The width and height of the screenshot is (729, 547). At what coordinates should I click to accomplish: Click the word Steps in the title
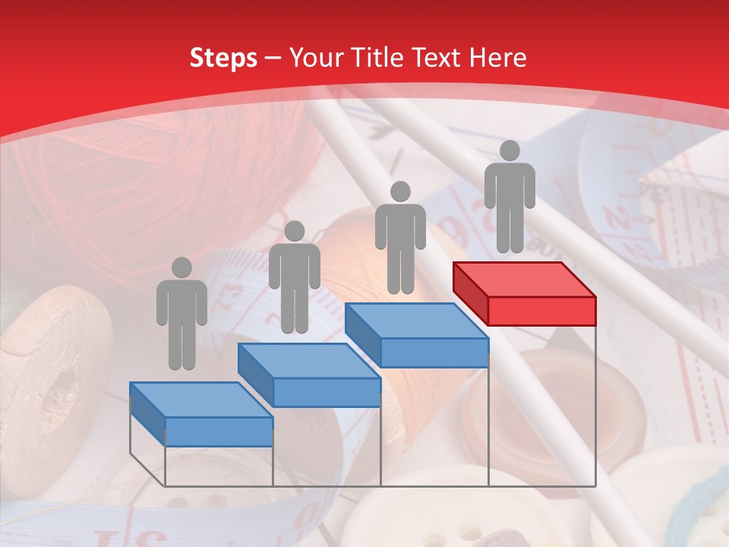pyautogui.click(x=223, y=58)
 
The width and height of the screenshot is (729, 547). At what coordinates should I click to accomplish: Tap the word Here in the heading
pyautogui.click(x=497, y=58)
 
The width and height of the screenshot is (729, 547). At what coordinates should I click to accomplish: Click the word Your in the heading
pyautogui.click(x=312, y=58)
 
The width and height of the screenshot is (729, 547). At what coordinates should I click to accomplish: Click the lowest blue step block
pyautogui.click(x=201, y=414)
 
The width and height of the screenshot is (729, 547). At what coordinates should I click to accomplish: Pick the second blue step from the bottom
pyautogui.click(x=309, y=375)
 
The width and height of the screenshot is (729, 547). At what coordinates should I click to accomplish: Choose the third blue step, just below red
pyautogui.click(x=417, y=335)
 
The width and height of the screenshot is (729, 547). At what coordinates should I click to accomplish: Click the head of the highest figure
pyautogui.click(x=510, y=150)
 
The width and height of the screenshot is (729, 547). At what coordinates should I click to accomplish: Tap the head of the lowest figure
pyautogui.click(x=181, y=267)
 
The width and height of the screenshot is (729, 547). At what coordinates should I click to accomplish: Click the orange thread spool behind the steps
pyautogui.click(x=357, y=251)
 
